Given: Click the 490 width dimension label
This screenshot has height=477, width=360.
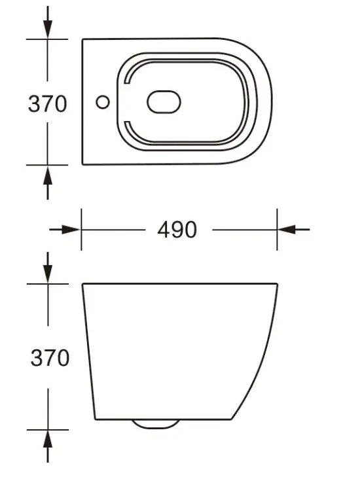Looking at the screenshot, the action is tap(177, 230).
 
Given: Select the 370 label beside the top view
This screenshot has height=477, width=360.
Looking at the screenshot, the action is tap(47, 104).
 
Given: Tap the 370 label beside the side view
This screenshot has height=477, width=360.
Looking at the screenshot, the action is tap(50, 357).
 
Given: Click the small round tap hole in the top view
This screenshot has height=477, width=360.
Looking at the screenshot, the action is tap(103, 102).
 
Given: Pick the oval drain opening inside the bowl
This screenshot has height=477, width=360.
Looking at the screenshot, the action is tap(164, 102).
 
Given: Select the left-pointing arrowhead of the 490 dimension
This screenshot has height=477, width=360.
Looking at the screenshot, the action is tap(287, 230).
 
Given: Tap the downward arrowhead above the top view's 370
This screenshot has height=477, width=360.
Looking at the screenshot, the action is tap(48, 29).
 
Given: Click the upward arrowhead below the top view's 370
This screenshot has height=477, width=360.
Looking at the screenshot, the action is tap(48, 175).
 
